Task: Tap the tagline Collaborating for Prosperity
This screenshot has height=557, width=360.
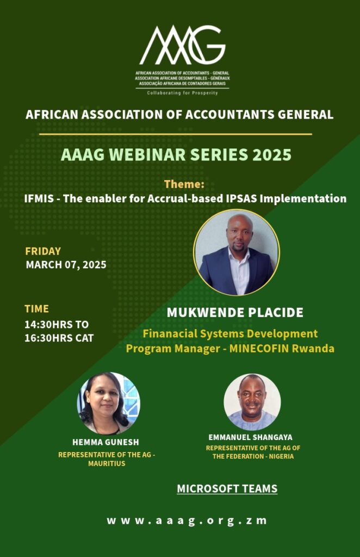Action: point(183,93)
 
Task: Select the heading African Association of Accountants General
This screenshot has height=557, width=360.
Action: point(179,114)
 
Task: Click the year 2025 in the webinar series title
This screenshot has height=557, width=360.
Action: point(272,154)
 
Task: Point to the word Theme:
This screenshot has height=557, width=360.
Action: point(184,184)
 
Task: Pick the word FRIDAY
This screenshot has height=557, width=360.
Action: point(43,251)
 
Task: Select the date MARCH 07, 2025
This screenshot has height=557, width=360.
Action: point(66,265)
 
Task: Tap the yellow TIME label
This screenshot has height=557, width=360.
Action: point(37,309)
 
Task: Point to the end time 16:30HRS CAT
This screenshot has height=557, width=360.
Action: point(59,338)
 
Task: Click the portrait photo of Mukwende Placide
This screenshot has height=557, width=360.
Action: point(237,252)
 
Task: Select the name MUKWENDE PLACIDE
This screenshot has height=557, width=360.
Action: point(235,313)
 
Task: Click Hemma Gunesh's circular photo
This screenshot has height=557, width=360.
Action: point(109,403)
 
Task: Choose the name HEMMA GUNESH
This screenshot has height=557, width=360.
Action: point(106,442)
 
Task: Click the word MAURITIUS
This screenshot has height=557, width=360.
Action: point(107,463)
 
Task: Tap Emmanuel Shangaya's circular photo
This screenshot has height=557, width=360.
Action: point(252,402)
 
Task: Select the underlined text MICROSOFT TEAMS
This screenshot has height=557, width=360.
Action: point(227,489)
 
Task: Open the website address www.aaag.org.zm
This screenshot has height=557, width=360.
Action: point(187,521)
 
